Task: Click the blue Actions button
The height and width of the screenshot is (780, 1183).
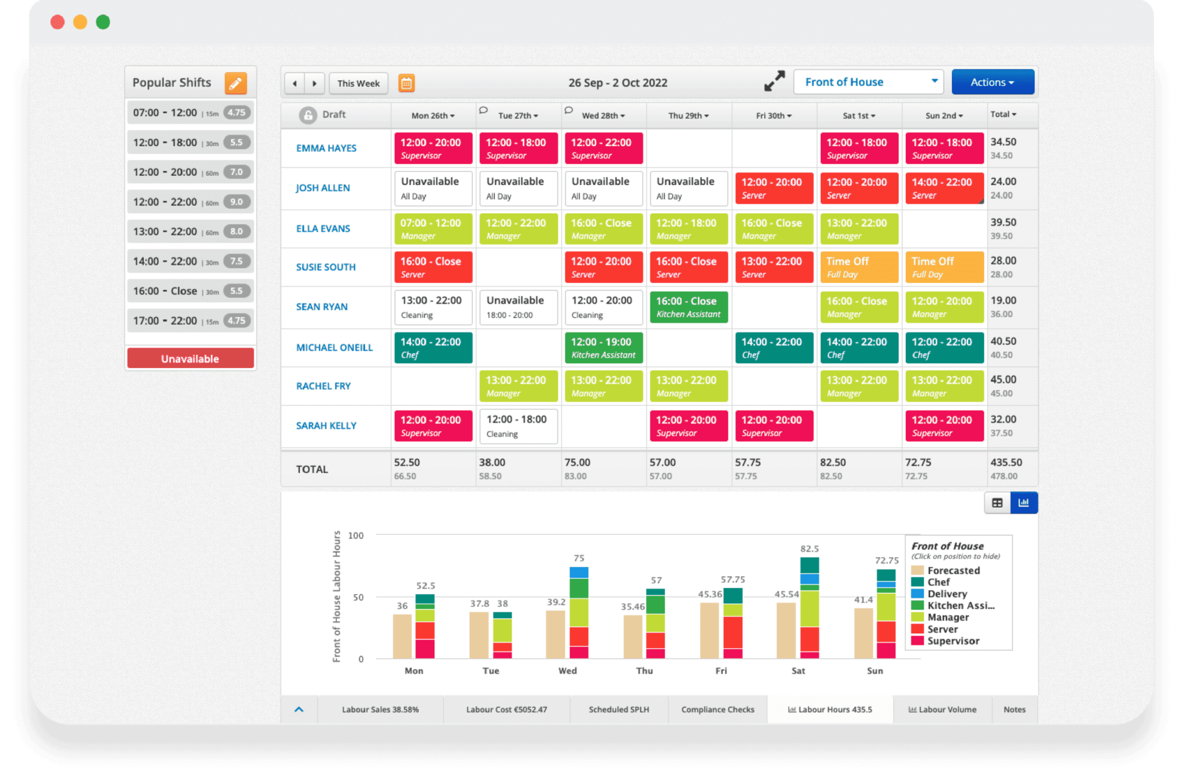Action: tap(992, 82)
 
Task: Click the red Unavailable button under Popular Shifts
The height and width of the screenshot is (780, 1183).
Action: tap(190, 358)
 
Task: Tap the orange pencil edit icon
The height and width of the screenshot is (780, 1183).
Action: tap(236, 83)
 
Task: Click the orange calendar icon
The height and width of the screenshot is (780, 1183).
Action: tap(407, 83)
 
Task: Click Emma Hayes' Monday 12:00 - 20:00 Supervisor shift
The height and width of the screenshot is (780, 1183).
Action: tap(433, 148)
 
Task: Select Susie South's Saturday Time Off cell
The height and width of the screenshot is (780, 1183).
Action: tap(858, 267)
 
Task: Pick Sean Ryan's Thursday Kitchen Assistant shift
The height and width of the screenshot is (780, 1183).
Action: tap(688, 307)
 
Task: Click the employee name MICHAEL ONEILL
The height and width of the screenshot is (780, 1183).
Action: tap(334, 347)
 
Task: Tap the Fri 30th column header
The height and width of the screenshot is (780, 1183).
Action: tap(773, 116)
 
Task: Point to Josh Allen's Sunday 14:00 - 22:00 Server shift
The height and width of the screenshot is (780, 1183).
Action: tap(943, 188)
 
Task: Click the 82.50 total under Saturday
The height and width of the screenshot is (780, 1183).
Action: tap(832, 462)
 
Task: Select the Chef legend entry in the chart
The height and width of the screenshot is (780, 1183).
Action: tap(938, 582)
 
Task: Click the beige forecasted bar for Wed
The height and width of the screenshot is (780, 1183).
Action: tap(555, 634)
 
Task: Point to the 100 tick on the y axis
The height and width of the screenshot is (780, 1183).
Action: tap(356, 536)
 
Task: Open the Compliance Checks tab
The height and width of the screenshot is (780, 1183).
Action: tap(717, 710)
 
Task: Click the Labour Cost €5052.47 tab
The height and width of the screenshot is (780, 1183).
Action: tap(506, 710)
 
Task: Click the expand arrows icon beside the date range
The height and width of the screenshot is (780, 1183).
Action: tap(774, 81)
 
